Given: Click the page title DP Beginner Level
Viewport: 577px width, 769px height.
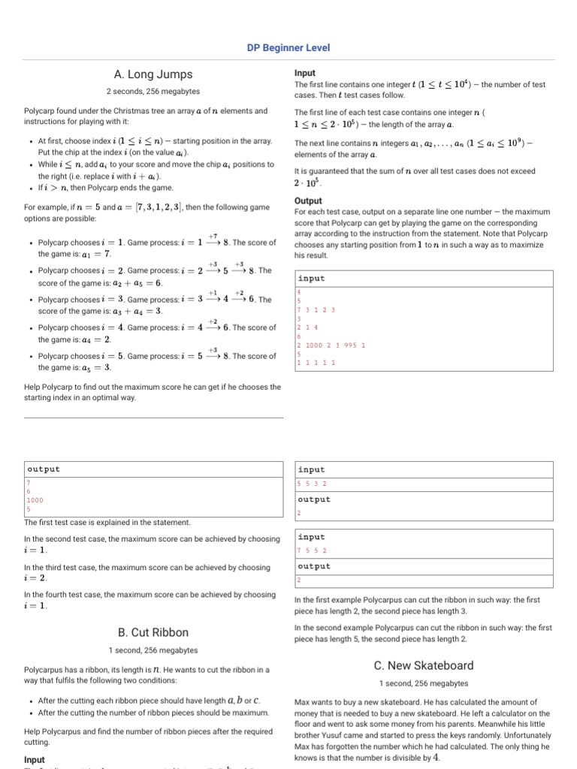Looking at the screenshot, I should point(288,47).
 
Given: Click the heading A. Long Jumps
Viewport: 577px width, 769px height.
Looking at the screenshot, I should point(153,74).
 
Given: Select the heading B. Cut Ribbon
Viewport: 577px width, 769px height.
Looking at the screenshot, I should point(153,632).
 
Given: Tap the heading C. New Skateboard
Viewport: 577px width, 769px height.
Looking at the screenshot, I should point(424,665).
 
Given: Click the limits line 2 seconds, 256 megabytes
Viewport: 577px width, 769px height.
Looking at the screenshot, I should point(153,91).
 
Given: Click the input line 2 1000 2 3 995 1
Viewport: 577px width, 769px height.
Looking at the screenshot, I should point(331,345).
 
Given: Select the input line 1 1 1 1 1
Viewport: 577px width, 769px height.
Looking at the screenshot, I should point(316,363).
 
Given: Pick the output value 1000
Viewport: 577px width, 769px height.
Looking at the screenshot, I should point(35,499).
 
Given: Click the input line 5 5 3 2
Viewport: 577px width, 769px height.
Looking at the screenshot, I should point(312,484).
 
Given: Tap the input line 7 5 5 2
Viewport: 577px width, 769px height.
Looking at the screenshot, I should point(312,550).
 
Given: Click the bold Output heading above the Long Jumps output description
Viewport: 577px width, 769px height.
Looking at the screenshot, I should point(308,201).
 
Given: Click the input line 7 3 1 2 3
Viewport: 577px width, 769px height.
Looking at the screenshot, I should point(316,309).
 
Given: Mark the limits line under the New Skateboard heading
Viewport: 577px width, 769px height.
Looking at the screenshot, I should point(424,683).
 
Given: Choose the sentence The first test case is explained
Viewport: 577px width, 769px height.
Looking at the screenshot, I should point(107,522).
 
